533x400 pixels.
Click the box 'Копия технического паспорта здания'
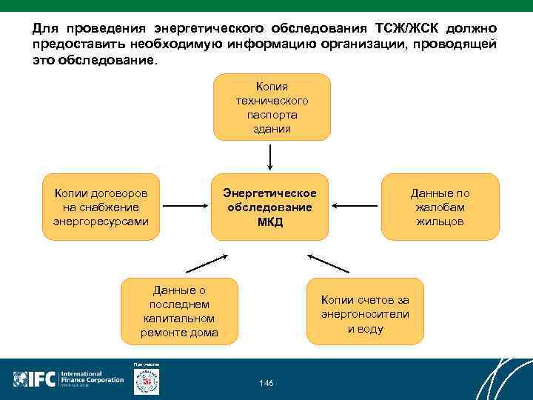point(272,107)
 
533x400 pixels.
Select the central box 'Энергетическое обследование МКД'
point(269,207)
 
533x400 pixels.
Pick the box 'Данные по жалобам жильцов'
point(440,207)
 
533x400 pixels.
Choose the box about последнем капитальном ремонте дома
point(179,311)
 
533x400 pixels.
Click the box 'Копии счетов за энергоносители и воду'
point(365,311)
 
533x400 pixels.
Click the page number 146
point(266,382)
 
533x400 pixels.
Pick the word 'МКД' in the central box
point(270,222)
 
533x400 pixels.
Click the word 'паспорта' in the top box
point(272,115)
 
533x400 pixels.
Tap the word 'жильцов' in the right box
point(440,221)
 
